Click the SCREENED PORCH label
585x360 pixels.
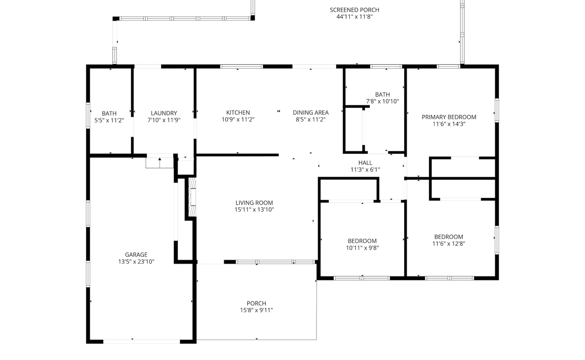[355, 10]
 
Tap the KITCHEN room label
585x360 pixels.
[238, 112]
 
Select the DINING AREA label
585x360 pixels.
[310, 112]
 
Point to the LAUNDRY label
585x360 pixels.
[164, 113]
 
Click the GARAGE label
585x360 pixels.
[136, 255]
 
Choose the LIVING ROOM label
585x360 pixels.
[254, 203]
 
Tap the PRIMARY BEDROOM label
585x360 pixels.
[449, 117]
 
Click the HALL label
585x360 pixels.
[365, 163]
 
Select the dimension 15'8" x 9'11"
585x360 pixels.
[256, 310]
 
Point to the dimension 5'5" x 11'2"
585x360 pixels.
[109, 120]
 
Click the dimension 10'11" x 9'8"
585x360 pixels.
[362, 247]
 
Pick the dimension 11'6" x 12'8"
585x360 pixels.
[449, 244]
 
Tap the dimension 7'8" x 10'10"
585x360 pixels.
[382, 101]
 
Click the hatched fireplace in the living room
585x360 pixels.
[192, 197]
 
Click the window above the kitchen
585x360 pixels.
[242, 67]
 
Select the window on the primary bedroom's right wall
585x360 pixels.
[497, 110]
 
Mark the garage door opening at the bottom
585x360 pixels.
[142, 342]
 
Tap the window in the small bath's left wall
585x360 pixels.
[88, 116]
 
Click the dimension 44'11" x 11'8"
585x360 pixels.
[355, 17]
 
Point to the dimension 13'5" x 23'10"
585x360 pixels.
[136, 261]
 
